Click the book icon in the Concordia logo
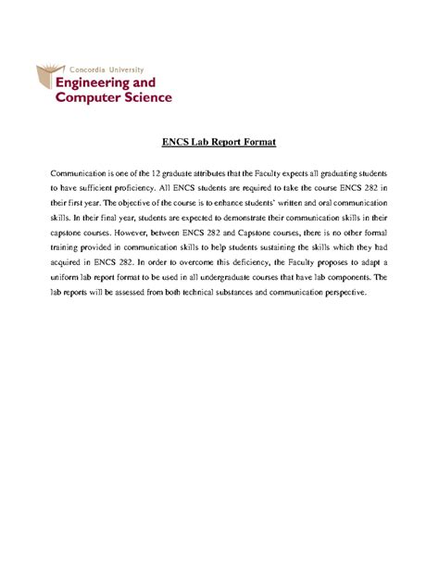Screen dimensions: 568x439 47,82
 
